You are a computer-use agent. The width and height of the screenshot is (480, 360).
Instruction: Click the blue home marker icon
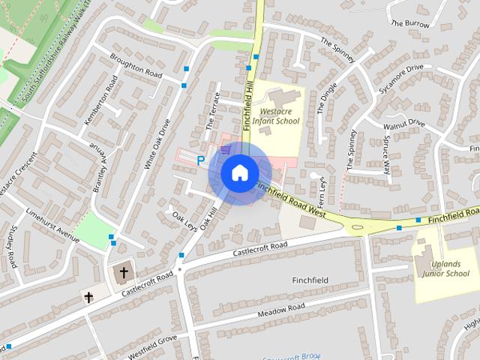[x=239, y=173]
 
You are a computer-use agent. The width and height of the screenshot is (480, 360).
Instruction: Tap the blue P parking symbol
[x=200, y=160]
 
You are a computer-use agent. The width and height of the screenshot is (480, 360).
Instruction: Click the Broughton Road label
[x=136, y=69]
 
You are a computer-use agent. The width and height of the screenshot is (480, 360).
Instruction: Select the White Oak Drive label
[x=157, y=141]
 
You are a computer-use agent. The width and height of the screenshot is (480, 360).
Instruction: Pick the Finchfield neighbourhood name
[x=311, y=280]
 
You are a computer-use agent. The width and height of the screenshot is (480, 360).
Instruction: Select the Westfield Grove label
[x=151, y=343]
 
